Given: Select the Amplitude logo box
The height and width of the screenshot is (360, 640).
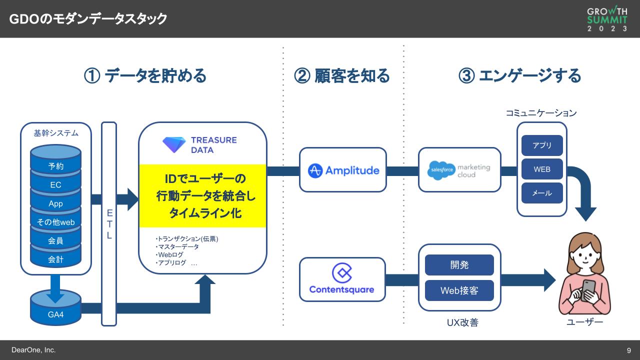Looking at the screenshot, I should pos(343,170).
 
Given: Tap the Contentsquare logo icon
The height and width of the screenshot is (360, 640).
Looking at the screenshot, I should pos(342,272).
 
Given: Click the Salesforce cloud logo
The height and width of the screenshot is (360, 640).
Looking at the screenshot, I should pos(442,170).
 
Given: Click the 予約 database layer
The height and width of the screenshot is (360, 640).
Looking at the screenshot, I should pos(56,166).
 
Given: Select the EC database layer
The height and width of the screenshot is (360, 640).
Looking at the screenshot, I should pos(56,185).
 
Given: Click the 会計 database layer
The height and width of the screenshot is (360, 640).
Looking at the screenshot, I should pos(56,259).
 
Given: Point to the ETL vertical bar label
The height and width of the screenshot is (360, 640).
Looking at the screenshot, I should pos(109,224).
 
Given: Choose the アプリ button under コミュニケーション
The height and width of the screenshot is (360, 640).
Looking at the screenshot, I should pos(542,145).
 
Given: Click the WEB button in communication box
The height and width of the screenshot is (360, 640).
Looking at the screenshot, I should pos(542,169).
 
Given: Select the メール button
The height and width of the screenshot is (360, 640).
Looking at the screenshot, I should pos(542,193).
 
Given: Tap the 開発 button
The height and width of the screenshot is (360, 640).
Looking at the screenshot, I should pos(459,265).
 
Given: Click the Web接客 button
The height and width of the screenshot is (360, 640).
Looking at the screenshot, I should pos(459,290).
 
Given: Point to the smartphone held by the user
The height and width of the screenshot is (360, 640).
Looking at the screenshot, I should pos(588,288).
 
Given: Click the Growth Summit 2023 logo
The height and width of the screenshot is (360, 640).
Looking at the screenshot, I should pos(607,19).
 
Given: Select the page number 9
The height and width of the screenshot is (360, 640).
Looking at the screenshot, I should pos(629,350).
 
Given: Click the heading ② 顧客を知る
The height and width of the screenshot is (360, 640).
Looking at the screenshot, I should pos(342,76).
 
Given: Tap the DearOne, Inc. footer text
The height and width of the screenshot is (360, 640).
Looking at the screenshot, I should pos(33,350).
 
